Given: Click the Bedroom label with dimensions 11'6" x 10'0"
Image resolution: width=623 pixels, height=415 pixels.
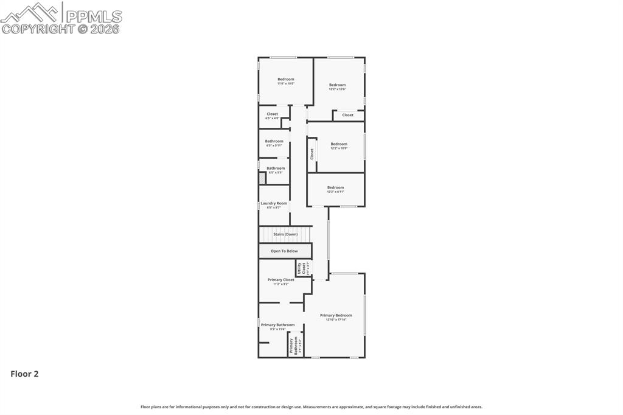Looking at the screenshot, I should (x=286, y=80).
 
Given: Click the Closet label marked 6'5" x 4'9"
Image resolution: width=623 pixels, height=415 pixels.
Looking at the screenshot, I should (x=272, y=114).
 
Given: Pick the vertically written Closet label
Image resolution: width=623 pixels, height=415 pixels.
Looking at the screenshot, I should (x=312, y=154).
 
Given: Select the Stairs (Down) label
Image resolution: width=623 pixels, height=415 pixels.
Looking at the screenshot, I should (x=285, y=234).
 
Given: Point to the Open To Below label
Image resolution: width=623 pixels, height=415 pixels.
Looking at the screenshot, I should (x=284, y=251).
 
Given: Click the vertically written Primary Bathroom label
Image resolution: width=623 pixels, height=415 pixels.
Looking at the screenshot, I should (x=294, y=346).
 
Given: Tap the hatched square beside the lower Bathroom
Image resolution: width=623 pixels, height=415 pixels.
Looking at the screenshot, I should (x=262, y=178).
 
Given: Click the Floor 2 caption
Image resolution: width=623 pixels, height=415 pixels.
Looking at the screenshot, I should (x=24, y=374).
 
